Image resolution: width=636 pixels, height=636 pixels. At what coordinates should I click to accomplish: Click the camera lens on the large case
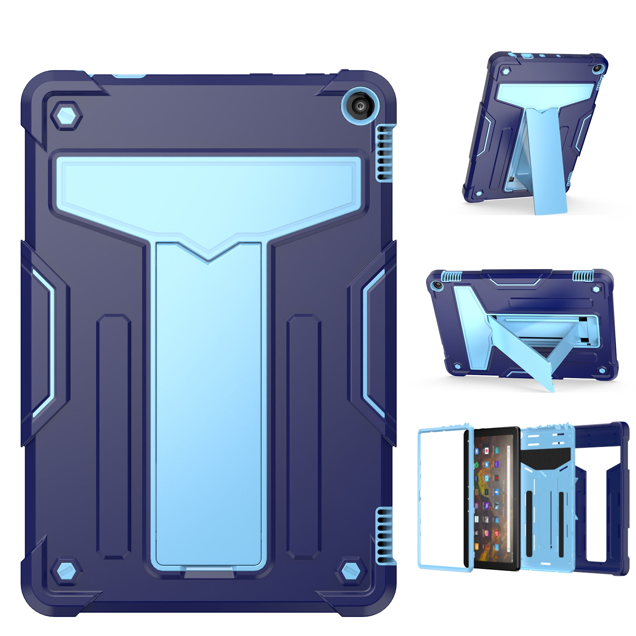(361, 106)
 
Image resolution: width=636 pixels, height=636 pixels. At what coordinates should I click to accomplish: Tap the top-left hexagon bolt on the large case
(66, 116)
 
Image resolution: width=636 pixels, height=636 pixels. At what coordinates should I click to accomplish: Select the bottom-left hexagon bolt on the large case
(66, 571)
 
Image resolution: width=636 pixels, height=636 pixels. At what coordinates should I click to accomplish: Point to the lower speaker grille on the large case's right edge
(383, 535)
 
